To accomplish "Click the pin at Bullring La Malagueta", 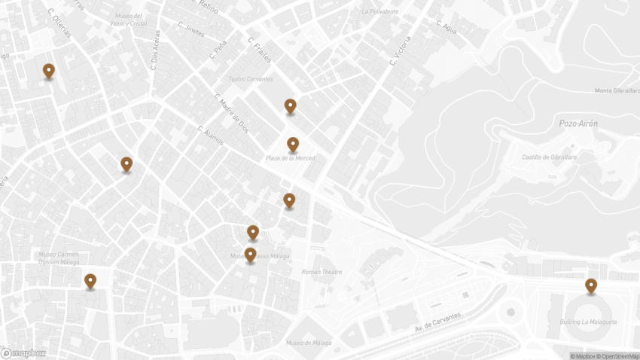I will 591,286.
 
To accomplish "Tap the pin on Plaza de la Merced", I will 293,145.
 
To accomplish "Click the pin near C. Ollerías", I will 49,72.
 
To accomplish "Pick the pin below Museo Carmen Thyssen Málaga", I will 90,281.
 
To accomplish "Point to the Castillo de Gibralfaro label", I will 550,157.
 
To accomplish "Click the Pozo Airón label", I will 578,123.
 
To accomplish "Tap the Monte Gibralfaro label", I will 616,90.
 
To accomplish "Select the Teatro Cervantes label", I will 251,79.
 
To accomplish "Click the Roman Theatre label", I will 322,272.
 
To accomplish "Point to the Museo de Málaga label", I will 309,343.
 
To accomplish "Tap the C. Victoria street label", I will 401,50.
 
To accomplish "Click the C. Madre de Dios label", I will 231,113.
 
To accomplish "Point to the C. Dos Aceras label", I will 154,50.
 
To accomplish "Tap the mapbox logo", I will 23,352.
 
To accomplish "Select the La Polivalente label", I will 380,12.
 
